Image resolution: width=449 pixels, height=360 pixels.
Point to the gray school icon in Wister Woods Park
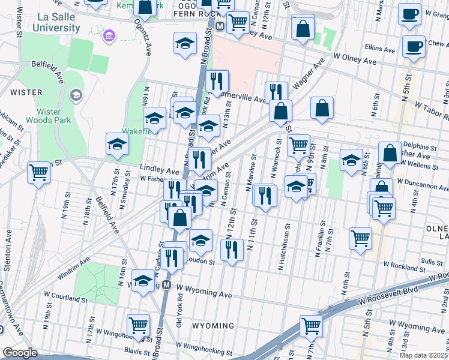[76, 95]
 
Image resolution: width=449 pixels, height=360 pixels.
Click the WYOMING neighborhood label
[213, 326]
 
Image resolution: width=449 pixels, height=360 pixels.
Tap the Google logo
[20, 353]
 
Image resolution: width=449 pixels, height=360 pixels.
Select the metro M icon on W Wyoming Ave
[166, 286]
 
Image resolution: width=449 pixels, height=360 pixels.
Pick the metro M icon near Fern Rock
[220, 26]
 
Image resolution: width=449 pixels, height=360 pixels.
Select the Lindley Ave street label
[160, 170]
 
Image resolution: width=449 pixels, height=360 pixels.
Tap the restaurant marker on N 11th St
[264, 194]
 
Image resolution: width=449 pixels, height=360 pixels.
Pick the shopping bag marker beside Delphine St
[390, 152]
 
